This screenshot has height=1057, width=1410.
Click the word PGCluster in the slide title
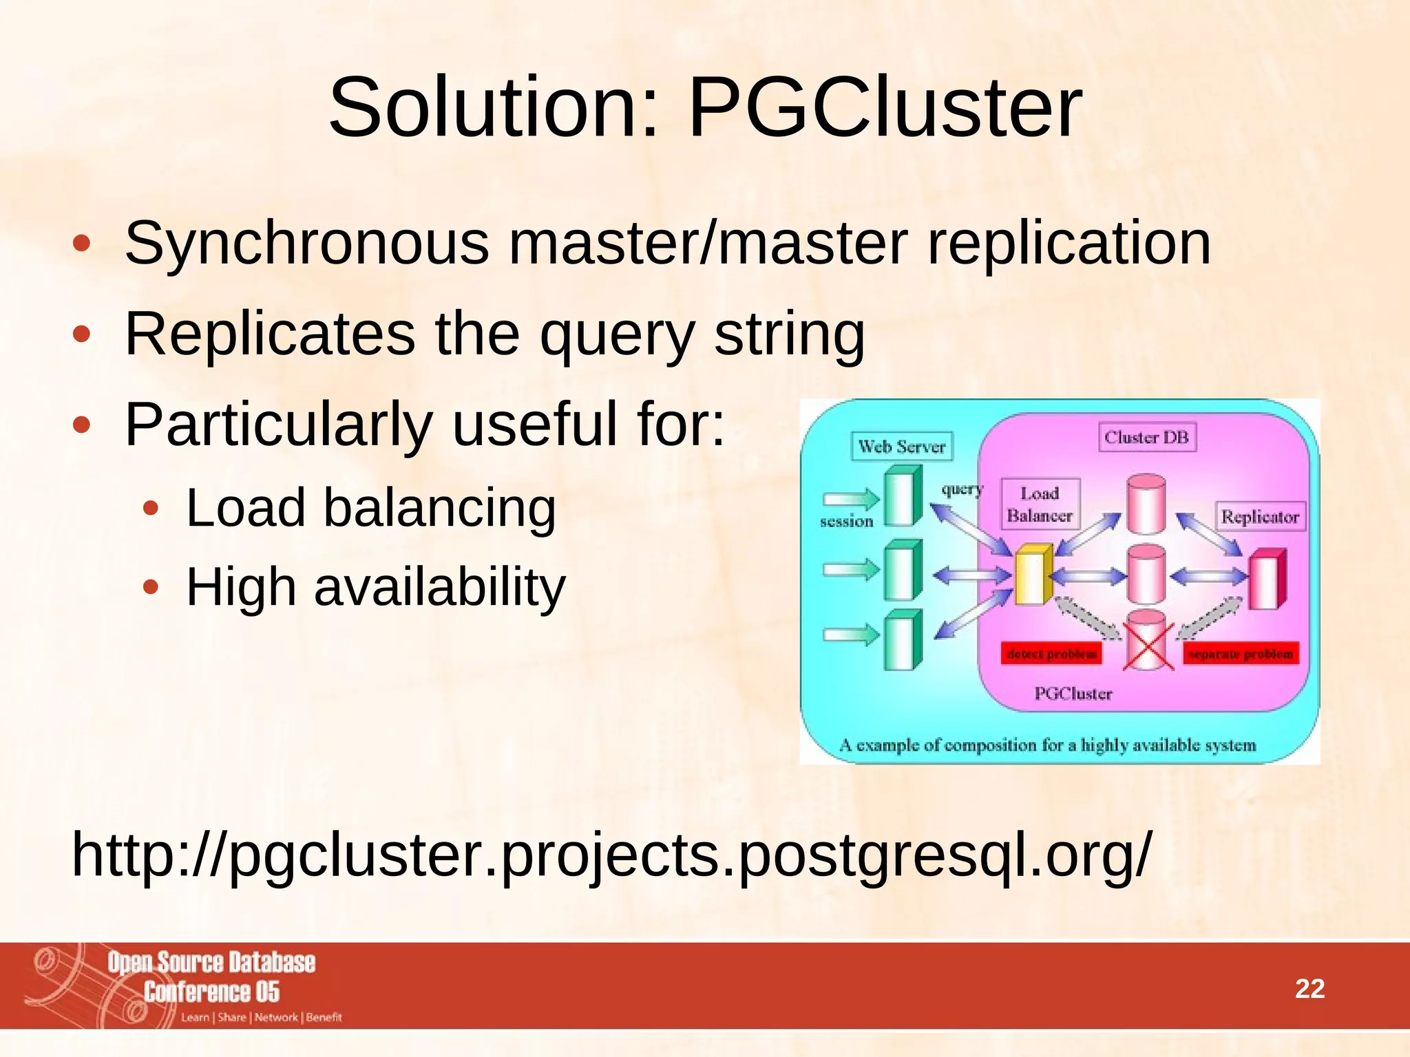click(884, 109)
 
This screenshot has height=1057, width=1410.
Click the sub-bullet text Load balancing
click(370, 508)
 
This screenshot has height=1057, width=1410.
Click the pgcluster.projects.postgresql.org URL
click(611, 855)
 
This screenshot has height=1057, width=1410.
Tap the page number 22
click(1309, 989)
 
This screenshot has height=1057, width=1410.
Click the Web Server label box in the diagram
click(901, 447)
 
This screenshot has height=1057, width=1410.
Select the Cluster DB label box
click(1146, 437)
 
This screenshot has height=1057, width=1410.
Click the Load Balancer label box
click(1040, 504)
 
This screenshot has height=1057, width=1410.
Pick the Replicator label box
click(1259, 517)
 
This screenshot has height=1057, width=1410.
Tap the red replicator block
click(1267, 579)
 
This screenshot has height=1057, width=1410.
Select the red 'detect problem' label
click(1051, 654)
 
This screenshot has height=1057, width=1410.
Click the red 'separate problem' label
click(1241, 654)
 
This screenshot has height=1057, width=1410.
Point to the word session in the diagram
click(846, 522)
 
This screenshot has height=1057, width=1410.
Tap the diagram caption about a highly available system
click(1047, 745)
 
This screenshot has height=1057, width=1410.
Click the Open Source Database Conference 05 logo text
click(211, 976)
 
